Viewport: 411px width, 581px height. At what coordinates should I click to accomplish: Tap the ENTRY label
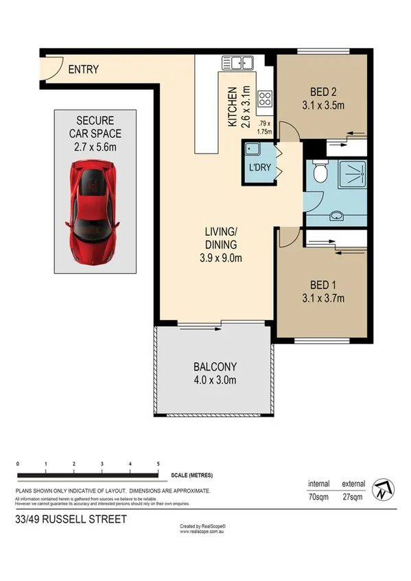[x=83, y=69]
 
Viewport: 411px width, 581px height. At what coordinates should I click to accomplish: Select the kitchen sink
[x=237, y=64]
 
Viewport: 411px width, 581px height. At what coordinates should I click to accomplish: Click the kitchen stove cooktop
[x=264, y=97]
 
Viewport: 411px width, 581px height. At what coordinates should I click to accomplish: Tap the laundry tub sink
[x=250, y=150]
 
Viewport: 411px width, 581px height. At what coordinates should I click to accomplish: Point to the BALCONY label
[x=214, y=367]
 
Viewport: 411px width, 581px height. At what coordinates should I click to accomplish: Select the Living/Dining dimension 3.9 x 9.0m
[x=220, y=258]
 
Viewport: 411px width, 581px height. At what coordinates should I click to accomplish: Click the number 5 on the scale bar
[x=158, y=465]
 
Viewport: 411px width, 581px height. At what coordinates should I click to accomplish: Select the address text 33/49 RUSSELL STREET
[x=71, y=520]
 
